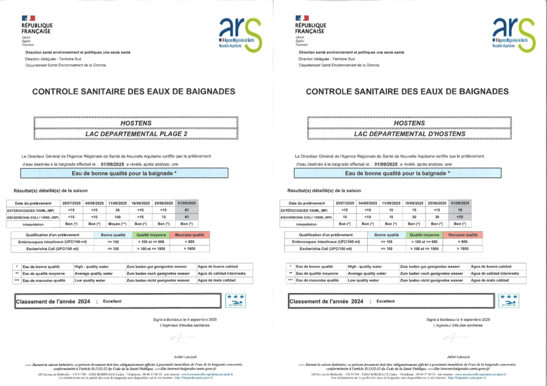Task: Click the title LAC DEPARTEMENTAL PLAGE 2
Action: pos(136,134)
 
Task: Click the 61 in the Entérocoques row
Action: pos(187,209)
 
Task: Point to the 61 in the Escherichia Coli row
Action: pos(187,217)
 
